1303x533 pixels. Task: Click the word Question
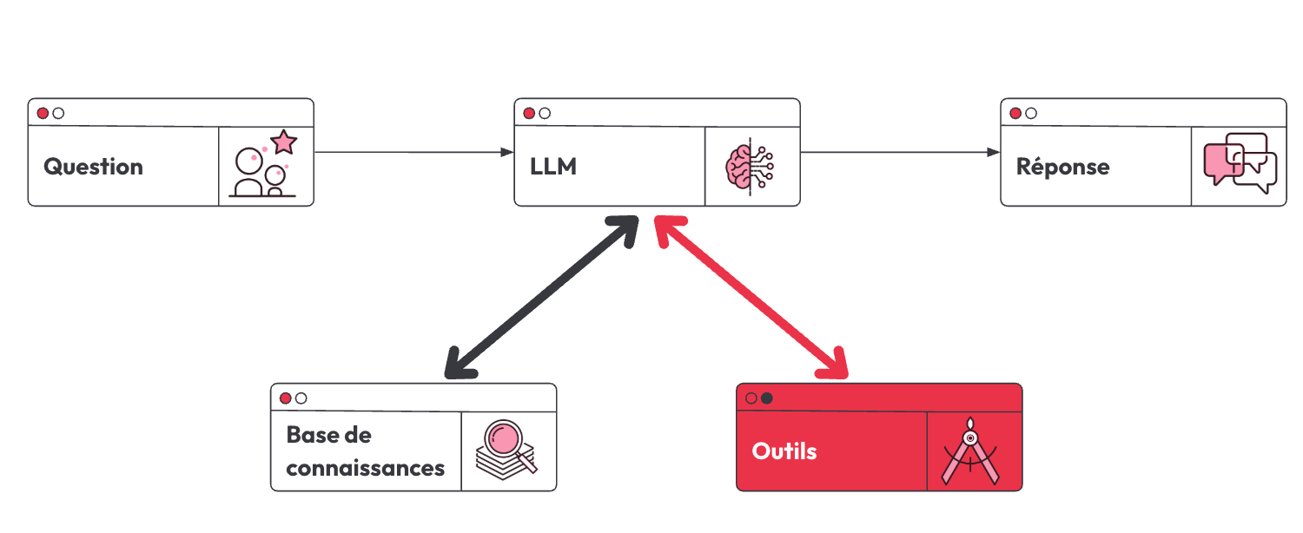pyautogui.click(x=93, y=168)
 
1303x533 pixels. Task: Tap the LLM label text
pyautogui.click(x=553, y=167)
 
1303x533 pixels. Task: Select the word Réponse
pyautogui.click(x=1062, y=166)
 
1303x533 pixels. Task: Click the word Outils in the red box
pyautogui.click(x=784, y=451)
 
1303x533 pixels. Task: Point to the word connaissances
pyautogui.click(x=366, y=468)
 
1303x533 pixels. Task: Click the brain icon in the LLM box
pyautogui.click(x=750, y=167)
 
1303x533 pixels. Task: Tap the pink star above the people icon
pyautogui.click(x=284, y=141)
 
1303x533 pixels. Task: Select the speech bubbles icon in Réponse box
pyautogui.click(x=1240, y=163)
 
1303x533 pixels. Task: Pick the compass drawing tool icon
pyautogui.click(x=970, y=451)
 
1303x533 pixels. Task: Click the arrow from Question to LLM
pyautogui.click(x=413, y=152)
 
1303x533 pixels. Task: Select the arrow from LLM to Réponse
pyautogui.click(x=900, y=152)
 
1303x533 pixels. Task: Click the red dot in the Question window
pyautogui.click(x=43, y=114)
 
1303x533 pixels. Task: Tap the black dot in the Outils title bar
pyautogui.click(x=767, y=398)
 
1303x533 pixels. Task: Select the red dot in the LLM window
pyautogui.click(x=529, y=114)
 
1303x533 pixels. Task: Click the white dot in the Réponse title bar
pyautogui.click(x=1031, y=114)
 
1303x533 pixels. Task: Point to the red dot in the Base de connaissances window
pyautogui.click(x=285, y=398)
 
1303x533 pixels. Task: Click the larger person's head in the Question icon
pyautogui.click(x=249, y=161)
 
